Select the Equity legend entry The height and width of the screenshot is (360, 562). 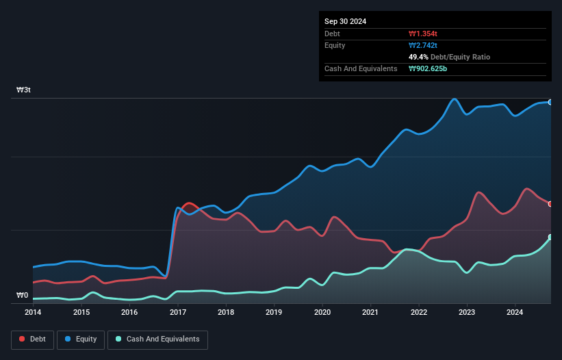81,339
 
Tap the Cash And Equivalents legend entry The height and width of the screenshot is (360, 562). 157,339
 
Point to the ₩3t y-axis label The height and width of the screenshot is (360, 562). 23,90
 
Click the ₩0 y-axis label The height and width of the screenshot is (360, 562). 23,296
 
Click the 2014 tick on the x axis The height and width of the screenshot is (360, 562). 33,313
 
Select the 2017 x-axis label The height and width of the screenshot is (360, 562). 178,313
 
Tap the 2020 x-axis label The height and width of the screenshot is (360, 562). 322,313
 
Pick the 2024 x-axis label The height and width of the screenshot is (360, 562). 515,313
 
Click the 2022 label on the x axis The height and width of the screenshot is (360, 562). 419,313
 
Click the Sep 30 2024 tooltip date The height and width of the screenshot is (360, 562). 346,21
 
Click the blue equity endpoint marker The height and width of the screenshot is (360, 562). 550,102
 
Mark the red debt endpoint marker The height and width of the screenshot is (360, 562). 550,204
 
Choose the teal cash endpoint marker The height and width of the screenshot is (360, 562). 550,237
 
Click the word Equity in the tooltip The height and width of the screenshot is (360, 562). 335,45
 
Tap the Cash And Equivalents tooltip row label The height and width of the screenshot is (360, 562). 361,68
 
